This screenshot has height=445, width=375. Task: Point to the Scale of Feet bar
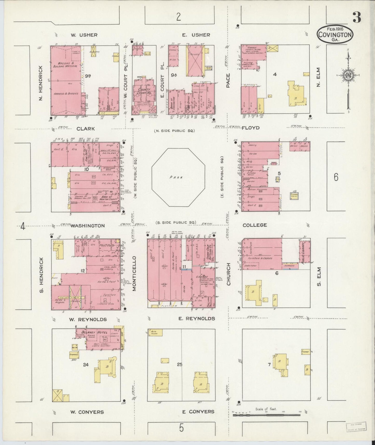266,415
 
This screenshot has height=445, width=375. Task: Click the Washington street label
87,226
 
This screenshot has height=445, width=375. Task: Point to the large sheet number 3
357,18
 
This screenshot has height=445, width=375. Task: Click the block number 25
179,365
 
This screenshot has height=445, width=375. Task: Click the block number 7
269,365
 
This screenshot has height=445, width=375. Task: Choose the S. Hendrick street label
42,274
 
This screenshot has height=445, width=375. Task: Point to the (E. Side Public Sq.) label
222,177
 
